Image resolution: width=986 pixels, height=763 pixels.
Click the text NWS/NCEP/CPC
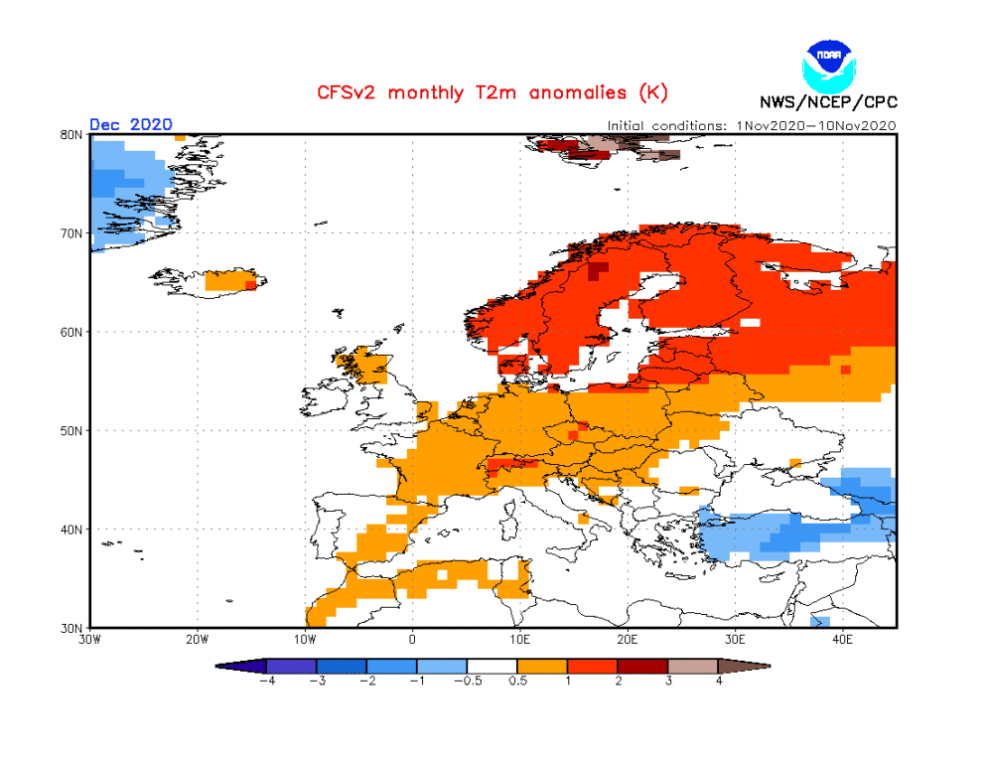click(x=827, y=101)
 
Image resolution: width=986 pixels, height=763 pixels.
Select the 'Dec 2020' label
click(x=130, y=124)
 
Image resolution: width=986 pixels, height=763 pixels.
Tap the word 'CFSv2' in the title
click(x=348, y=92)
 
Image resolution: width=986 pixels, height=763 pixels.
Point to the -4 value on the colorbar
click(x=266, y=682)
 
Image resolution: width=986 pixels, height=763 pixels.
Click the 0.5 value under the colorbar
click(x=517, y=682)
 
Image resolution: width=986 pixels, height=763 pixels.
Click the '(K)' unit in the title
click(x=651, y=92)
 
